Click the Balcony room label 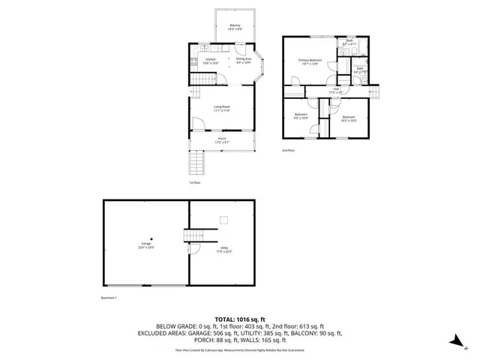234,28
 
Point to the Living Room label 221,109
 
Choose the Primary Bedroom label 310,62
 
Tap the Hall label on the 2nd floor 337,91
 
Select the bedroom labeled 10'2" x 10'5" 349,118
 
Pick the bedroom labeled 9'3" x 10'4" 301,116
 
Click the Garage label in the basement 146,245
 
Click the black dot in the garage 150,239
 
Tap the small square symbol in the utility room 223,220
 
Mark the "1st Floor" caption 194,182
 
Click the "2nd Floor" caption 288,150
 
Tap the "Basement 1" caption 110,297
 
